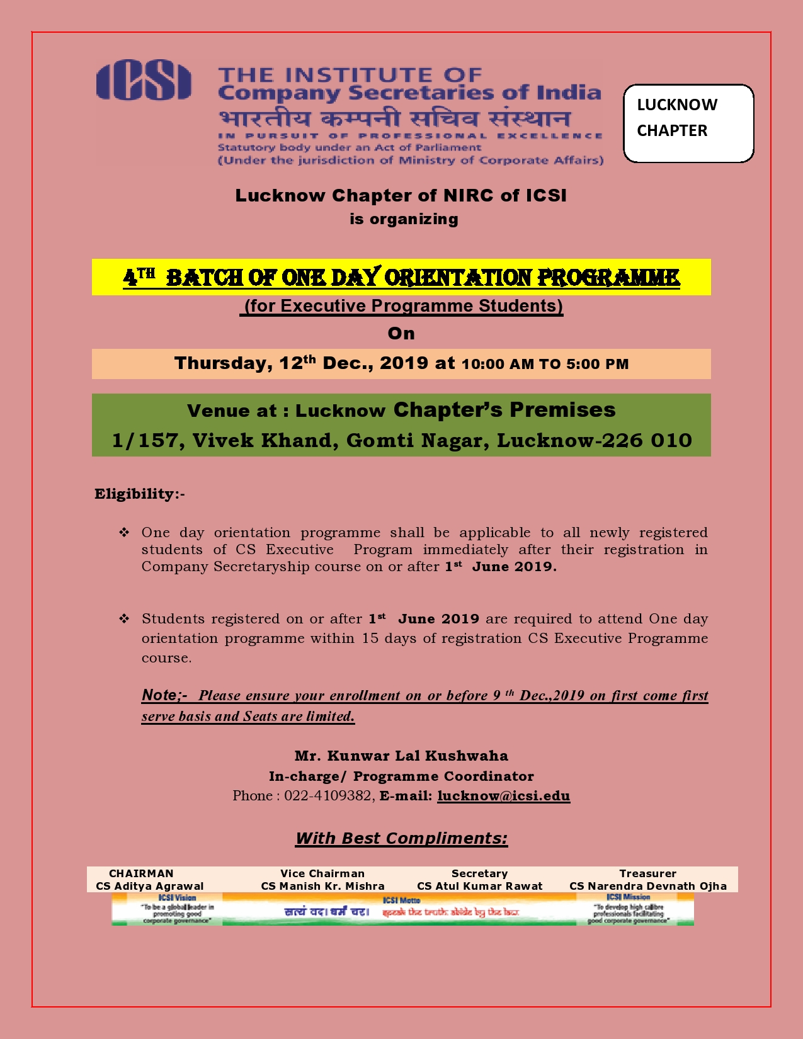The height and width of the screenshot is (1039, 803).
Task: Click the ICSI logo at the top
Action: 144,80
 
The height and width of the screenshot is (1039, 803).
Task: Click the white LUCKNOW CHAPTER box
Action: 688,123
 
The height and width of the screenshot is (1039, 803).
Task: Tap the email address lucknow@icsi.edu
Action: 503,796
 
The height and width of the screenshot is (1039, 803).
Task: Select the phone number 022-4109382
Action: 328,796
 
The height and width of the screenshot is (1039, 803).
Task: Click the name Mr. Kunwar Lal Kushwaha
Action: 401,756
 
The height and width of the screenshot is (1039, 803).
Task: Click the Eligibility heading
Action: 139,494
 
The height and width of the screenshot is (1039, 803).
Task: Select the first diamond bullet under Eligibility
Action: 124,533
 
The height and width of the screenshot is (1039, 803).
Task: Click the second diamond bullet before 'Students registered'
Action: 124,619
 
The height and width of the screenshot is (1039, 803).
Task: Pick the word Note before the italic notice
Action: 161,695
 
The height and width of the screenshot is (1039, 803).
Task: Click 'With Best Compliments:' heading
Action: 401,838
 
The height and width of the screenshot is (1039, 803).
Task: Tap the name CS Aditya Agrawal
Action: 150,886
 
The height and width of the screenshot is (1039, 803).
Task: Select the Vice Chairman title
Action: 322,873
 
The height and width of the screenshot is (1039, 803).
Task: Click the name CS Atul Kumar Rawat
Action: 479,886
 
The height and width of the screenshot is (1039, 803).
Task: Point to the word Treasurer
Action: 647,873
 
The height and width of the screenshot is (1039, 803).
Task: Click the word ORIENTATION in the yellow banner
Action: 458,277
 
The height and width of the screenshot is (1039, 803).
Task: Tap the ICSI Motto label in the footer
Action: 401,900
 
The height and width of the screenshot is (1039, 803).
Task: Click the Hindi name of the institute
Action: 394,118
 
